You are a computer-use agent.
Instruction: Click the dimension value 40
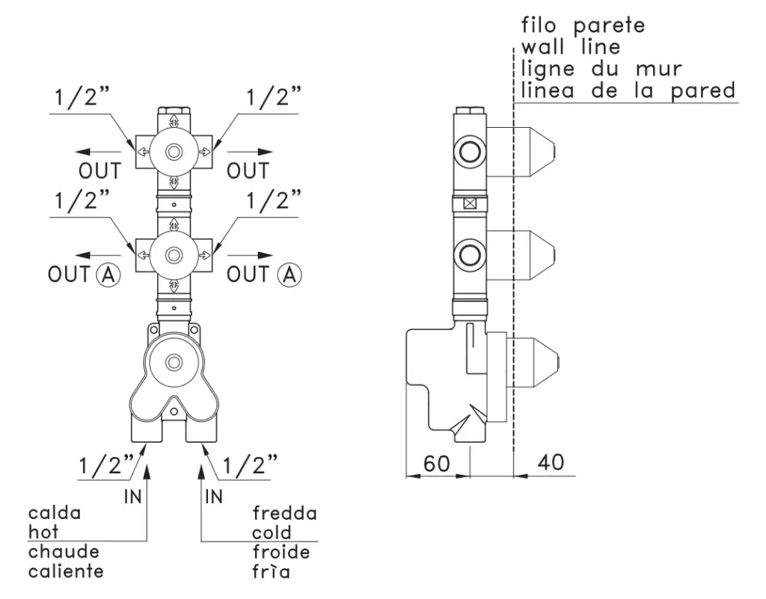pyautogui.click(x=551, y=464)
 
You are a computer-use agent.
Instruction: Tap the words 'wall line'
pyautogui.click(x=571, y=47)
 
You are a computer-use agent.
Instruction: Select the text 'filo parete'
pyautogui.click(x=583, y=25)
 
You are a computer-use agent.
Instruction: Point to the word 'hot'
pyautogui.click(x=43, y=532)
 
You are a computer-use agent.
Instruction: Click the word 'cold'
pyautogui.click(x=272, y=532)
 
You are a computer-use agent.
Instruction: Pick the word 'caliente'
pyautogui.click(x=66, y=572)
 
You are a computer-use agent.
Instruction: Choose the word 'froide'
pyautogui.click(x=281, y=553)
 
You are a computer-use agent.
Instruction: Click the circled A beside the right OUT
pyautogui.click(x=289, y=274)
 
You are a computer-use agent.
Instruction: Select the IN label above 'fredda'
pyautogui.click(x=214, y=495)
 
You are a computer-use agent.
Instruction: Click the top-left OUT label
pyautogui.click(x=99, y=171)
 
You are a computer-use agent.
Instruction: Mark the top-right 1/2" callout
pyautogui.click(x=274, y=97)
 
